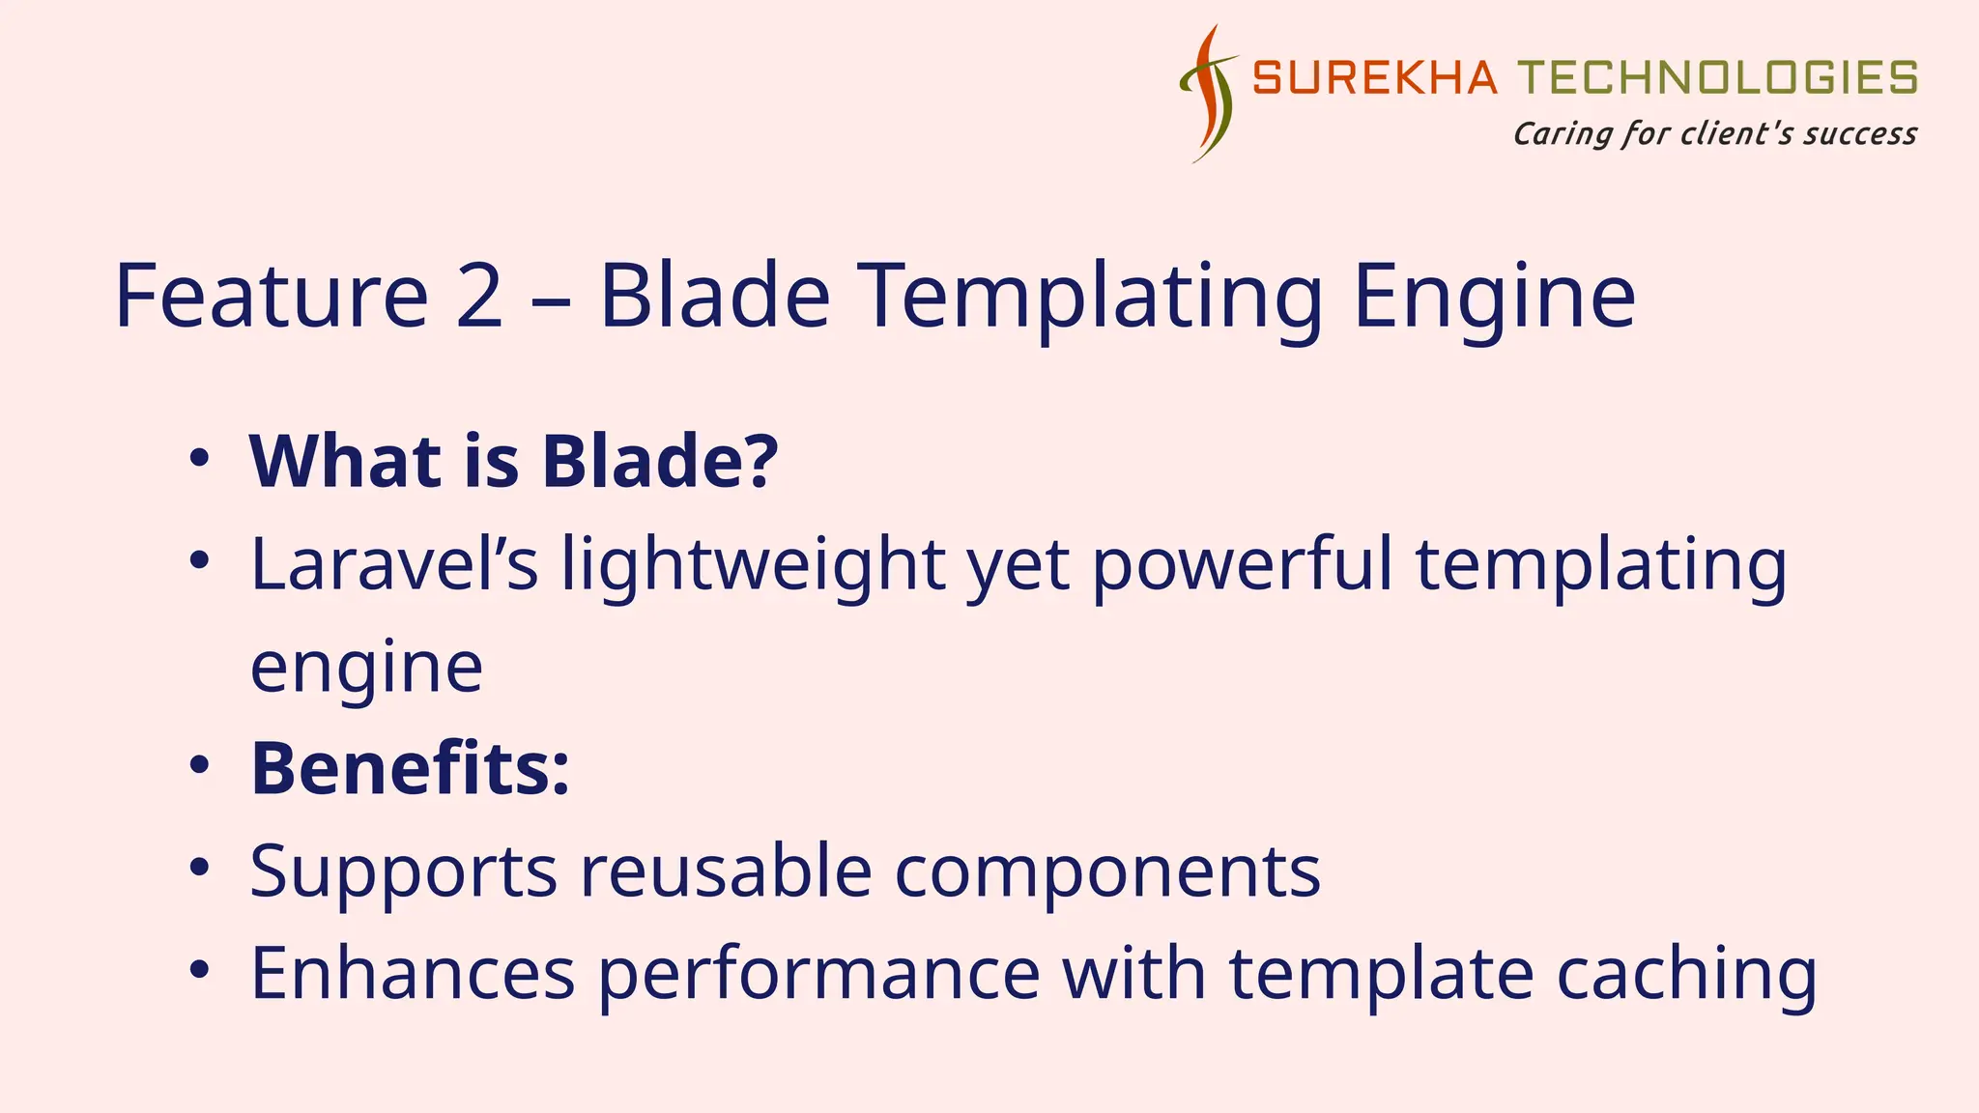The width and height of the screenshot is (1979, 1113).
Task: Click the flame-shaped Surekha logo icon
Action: pos(1207,94)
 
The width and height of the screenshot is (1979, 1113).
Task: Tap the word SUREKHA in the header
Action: pos(1374,78)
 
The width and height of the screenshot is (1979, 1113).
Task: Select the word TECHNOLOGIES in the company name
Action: pos(1717,78)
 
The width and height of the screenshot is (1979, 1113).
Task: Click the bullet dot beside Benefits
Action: pos(199,766)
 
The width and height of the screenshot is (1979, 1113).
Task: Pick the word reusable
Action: pos(726,870)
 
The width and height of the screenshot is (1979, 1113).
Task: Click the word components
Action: pos(1107,870)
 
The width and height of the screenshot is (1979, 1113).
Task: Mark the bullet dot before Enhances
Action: pos(199,970)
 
